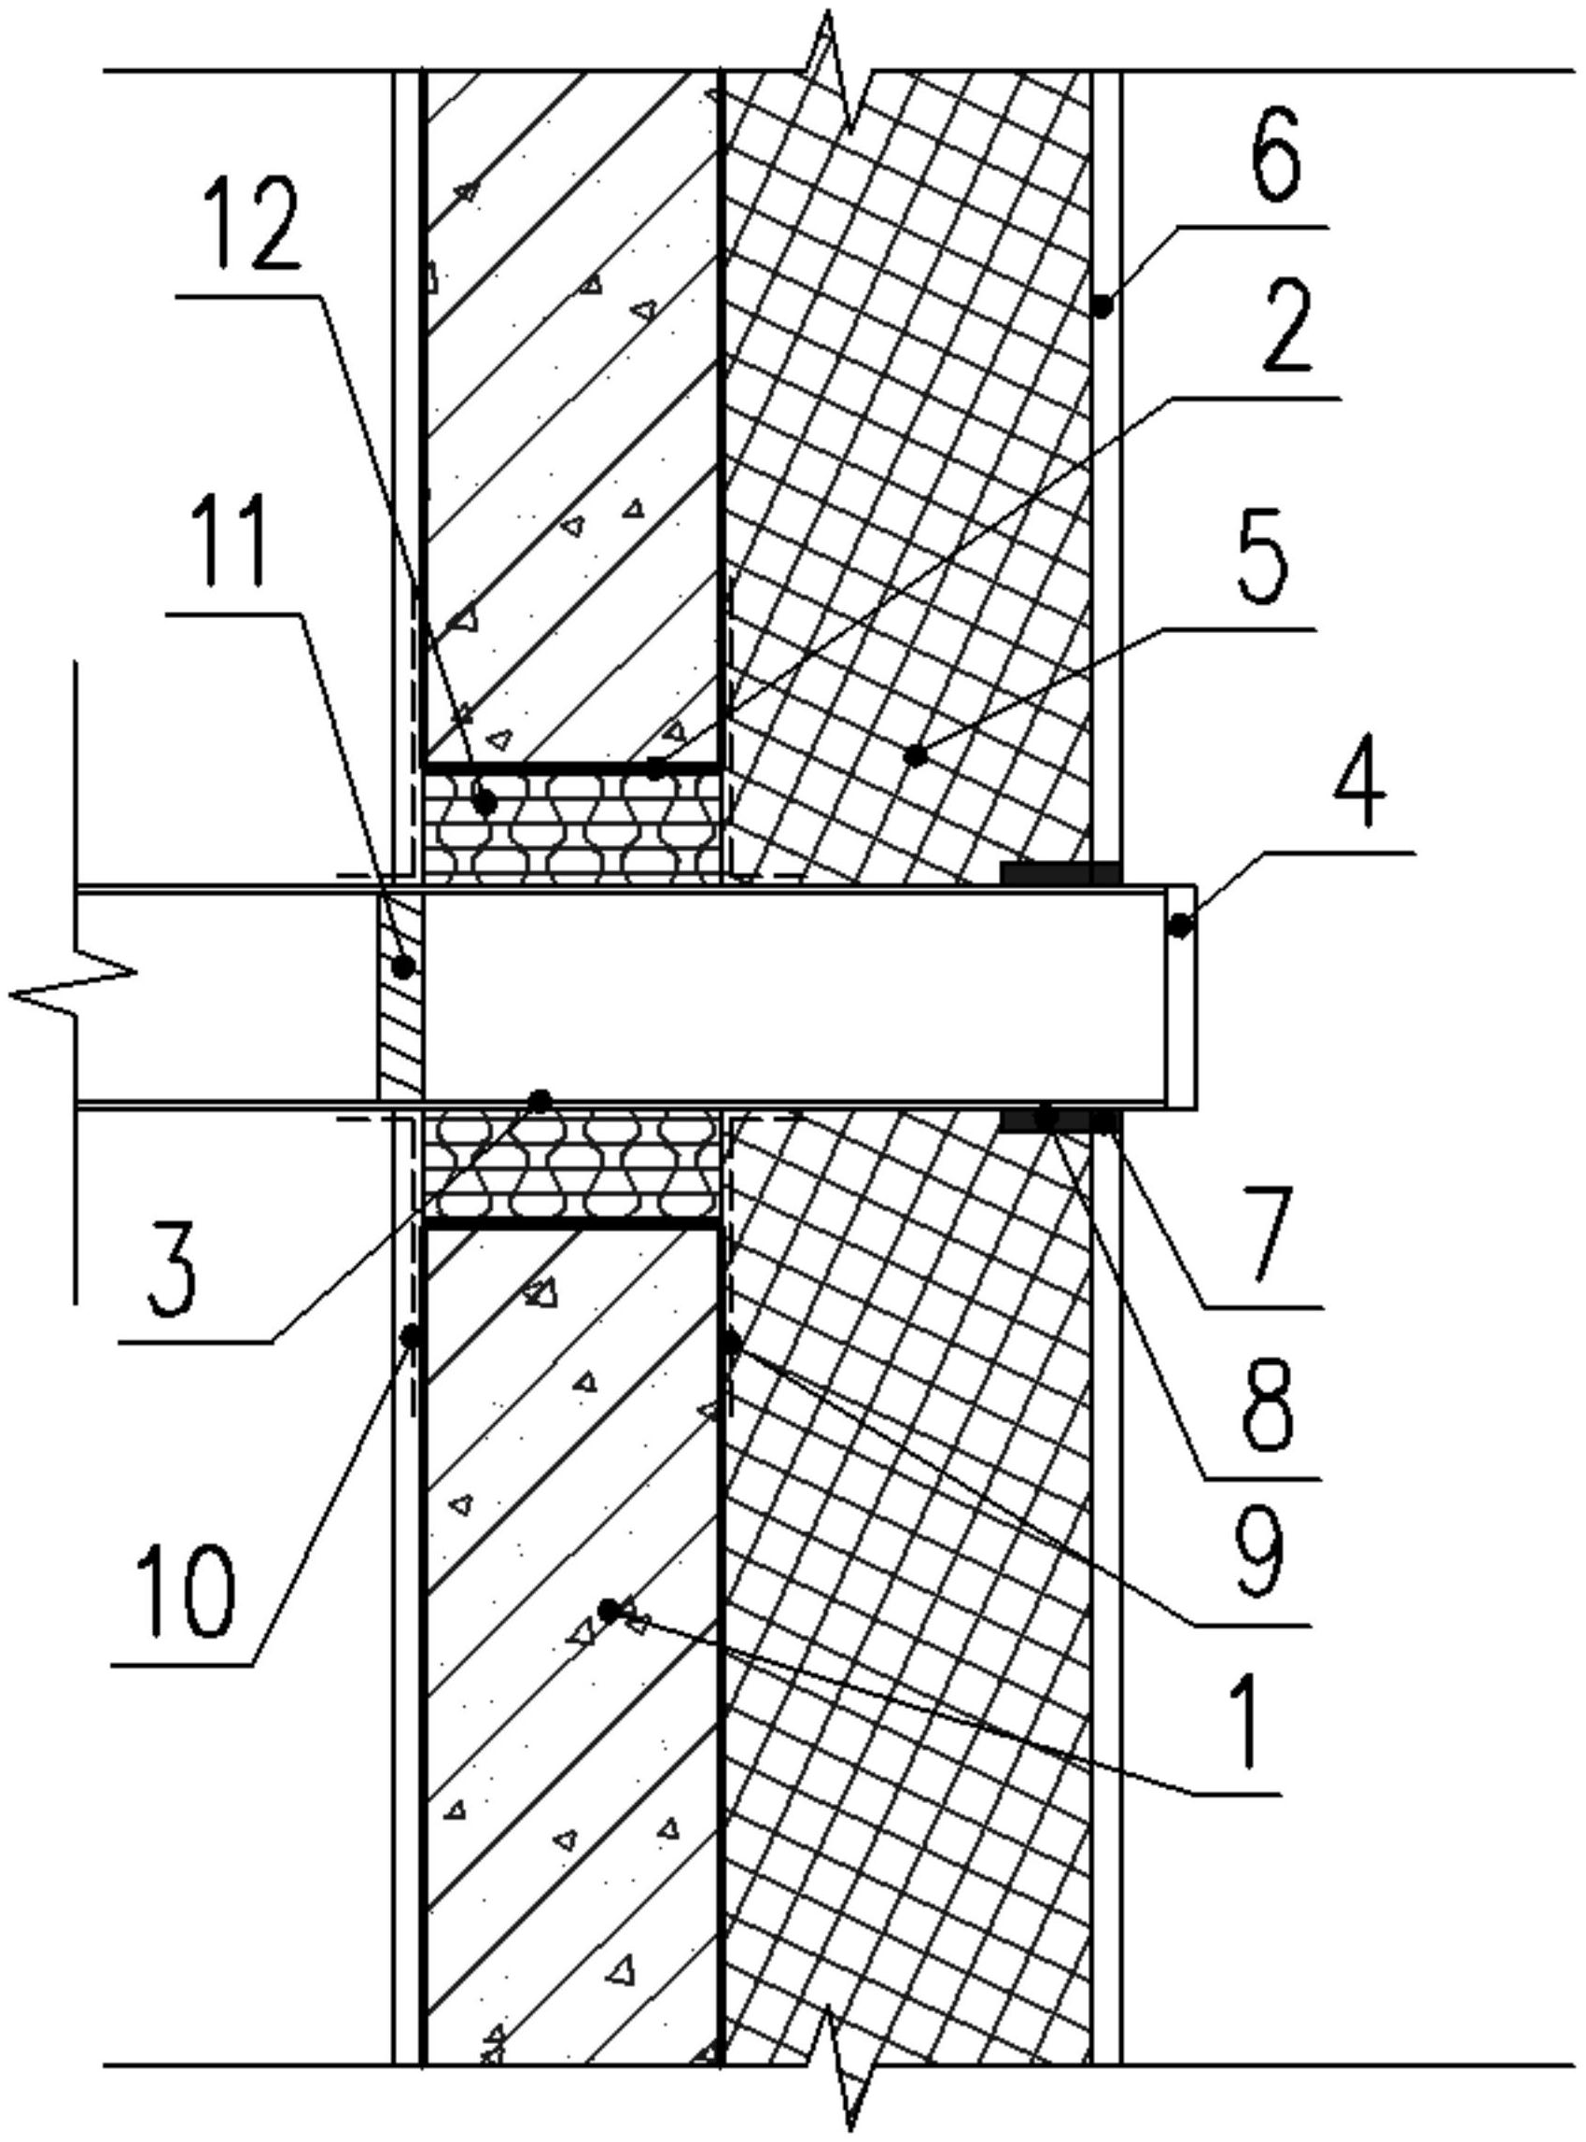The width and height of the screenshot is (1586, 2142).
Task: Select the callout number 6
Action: click(1276, 156)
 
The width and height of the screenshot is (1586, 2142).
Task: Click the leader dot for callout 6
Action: click(1103, 306)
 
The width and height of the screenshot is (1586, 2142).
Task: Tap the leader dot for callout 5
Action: click(917, 756)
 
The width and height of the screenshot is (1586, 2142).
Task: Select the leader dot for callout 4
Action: click(1181, 926)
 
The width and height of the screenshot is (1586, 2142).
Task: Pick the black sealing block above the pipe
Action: click(1060, 873)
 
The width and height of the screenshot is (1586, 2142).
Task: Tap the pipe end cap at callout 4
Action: click(1182, 996)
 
